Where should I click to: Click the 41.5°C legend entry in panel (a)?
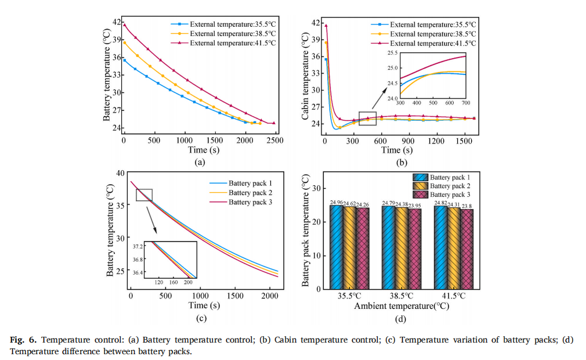tap(232, 43)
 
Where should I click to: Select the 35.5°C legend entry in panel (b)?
tap(433, 25)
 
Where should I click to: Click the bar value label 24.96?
tap(337, 203)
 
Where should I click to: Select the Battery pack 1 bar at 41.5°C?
tap(441, 247)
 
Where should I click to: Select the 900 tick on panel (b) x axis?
tap(410, 141)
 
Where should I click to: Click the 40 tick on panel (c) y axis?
tap(121, 172)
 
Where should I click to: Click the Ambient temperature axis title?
tap(400, 305)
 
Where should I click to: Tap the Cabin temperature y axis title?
tap(305, 76)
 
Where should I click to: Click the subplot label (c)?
tap(201, 318)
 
